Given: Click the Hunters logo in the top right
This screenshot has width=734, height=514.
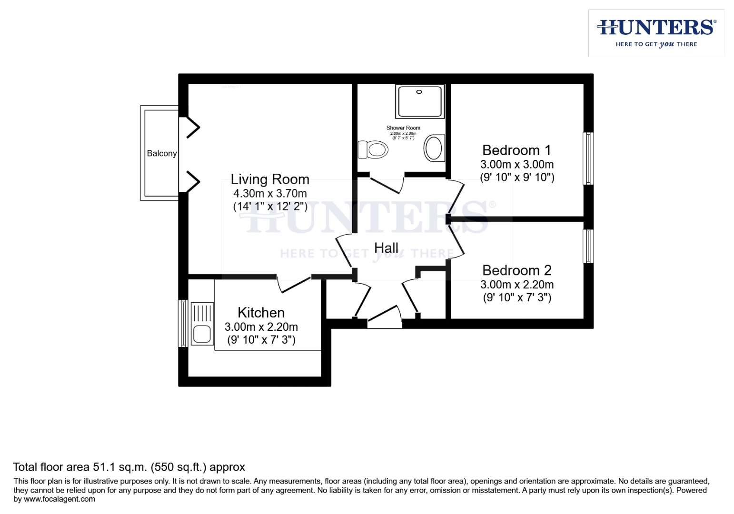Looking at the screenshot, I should (656, 32).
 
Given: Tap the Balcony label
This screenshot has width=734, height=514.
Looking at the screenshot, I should (161, 153).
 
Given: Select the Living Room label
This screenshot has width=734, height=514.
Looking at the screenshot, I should (270, 179).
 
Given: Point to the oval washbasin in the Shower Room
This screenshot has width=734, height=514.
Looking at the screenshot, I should (433, 148).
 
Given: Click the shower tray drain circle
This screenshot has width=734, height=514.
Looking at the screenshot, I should (419, 92).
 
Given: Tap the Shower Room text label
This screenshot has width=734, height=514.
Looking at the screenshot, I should (403, 128).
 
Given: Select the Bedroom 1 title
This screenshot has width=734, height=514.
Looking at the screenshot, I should (516, 150).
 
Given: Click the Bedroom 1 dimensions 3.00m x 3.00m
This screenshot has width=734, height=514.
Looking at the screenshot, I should (516, 165).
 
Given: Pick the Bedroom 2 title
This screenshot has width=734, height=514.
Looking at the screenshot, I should (516, 270).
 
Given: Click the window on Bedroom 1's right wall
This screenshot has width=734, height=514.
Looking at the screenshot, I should (588, 158).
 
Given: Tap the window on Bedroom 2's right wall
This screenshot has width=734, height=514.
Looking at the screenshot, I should (588, 246).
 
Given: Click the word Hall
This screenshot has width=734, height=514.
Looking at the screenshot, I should (386, 248).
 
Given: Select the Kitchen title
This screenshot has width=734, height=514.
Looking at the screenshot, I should (261, 313).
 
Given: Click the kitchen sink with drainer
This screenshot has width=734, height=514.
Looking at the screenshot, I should (201, 324).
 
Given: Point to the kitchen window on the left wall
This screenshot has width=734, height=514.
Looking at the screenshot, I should (183, 323).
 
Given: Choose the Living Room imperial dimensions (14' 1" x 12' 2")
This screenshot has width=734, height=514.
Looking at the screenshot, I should (270, 207).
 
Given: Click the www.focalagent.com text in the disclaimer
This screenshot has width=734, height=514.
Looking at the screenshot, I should (60, 499).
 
